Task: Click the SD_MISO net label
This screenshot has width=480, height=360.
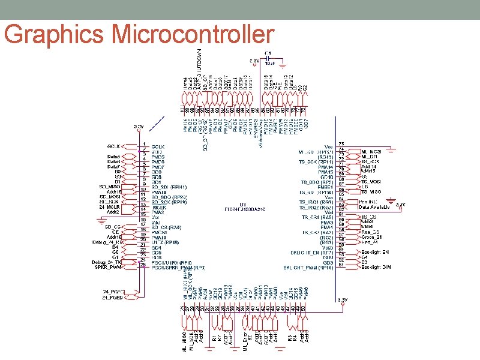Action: pos(112,187)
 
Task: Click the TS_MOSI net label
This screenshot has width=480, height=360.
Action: pos(371,181)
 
